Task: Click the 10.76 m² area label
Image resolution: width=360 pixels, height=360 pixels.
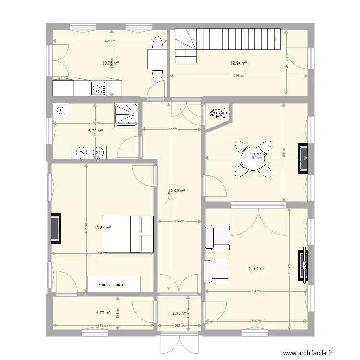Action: click(x=110, y=63)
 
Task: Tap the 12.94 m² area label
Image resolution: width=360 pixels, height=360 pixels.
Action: click(x=239, y=63)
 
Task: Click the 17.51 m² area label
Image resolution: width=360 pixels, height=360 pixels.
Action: click(x=257, y=269)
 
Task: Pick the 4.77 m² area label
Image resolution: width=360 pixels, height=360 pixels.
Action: click(x=103, y=312)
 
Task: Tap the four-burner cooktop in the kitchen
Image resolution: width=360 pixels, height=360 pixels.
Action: click(x=98, y=88)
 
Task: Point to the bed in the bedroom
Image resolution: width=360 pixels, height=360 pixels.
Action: click(x=128, y=234)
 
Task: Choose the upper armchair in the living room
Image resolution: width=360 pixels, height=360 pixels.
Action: click(x=217, y=238)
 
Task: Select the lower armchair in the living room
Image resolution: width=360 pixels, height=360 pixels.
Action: click(x=216, y=270)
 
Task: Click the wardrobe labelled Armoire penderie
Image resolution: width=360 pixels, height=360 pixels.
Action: click(x=114, y=284)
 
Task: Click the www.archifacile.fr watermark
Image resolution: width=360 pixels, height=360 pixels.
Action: click(x=308, y=352)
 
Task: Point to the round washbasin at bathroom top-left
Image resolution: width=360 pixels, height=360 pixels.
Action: click(x=60, y=110)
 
